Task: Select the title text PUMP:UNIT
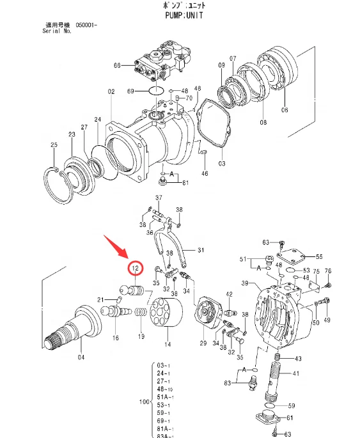(179, 15)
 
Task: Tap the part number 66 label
(117, 65)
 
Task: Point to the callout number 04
(81, 357)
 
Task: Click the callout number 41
(296, 373)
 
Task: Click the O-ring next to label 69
(155, 91)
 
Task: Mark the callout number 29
(203, 344)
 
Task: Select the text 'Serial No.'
(57, 31)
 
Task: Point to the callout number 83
(227, 382)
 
